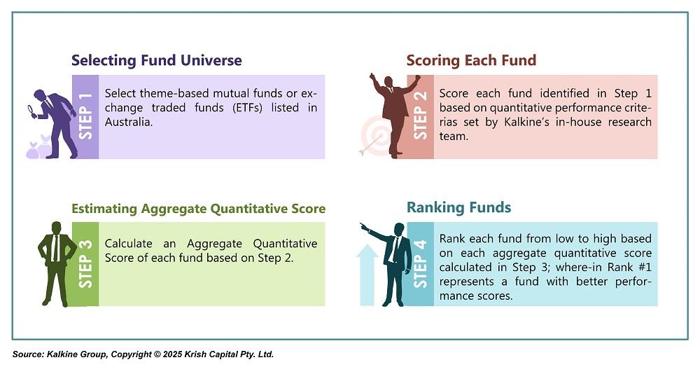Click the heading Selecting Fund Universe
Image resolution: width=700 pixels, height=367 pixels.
pos(157,60)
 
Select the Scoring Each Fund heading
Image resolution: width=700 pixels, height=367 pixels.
pos(471,60)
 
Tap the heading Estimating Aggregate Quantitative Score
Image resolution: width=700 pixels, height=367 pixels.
pos(199,209)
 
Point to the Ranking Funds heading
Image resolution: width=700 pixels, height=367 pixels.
pos(458,207)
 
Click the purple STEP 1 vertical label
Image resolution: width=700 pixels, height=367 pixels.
pos(85,116)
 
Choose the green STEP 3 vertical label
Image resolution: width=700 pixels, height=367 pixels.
pos(85,264)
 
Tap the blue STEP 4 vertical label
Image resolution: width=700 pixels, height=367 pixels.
pos(420,264)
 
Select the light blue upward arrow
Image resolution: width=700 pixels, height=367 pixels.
pos(367,275)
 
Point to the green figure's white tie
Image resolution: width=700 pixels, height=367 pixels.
pos(55,247)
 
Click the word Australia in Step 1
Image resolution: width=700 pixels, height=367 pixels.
pos(129,122)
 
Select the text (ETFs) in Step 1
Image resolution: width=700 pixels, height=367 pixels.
pos(247,108)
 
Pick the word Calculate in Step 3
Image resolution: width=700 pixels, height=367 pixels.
pos(129,244)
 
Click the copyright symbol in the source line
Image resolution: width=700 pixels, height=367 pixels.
pos(157,354)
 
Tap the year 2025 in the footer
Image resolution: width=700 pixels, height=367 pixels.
pos(172,354)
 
